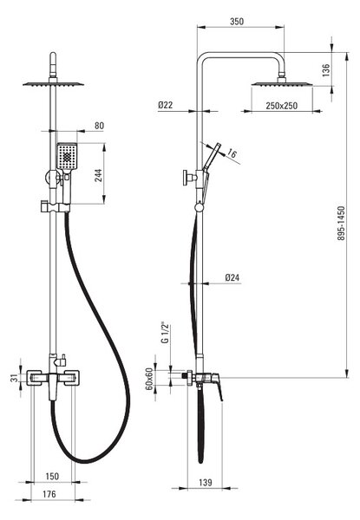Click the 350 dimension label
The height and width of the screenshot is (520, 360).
click(237, 22)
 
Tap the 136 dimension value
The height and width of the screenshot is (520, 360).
click(326, 70)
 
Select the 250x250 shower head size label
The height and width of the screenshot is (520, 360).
click(281, 106)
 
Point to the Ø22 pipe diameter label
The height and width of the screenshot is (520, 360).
click(165, 105)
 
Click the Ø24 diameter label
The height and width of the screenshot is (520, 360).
click(232, 277)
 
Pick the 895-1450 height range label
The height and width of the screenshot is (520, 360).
click(341, 224)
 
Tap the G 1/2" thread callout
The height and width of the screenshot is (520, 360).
click(165, 333)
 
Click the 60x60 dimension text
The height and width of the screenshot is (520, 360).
click(149, 379)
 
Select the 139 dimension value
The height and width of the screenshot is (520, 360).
click(206, 482)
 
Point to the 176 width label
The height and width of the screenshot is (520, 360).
click(49, 494)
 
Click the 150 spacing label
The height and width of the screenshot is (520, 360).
click(52, 477)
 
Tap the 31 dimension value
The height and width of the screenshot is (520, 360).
click(15, 378)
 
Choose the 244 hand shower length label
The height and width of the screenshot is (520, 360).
click(99, 175)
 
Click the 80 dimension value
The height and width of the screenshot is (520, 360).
click(99, 126)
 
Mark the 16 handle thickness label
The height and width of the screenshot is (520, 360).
click(232, 153)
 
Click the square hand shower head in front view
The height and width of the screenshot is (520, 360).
click(67, 156)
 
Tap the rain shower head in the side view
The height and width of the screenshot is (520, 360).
click(282, 83)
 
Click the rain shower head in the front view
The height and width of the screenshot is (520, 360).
click(53, 83)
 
